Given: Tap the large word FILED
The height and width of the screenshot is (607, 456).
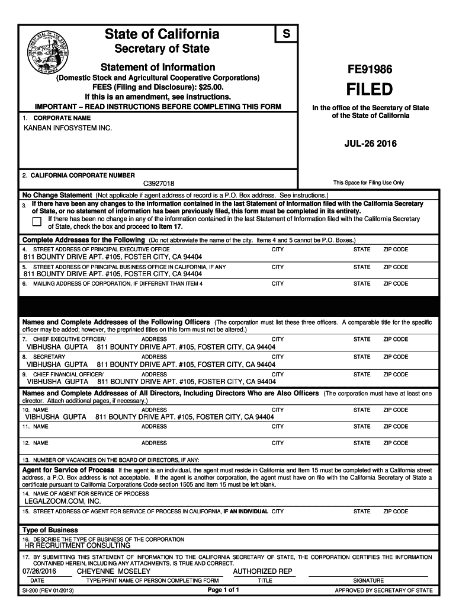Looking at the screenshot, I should (369, 90).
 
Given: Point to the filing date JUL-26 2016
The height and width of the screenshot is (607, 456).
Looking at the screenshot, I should (370, 144).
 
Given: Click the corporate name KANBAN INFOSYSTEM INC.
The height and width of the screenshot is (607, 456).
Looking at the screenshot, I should (68, 128).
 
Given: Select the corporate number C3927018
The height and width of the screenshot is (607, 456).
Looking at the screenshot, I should (158, 184).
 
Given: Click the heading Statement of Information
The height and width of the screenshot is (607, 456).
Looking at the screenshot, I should (158, 67).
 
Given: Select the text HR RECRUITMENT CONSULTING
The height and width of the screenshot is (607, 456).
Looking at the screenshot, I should (77, 545).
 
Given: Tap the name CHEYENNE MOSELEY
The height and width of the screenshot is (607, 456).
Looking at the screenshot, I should (114, 571).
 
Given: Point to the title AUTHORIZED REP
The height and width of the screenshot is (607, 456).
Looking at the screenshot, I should (263, 571).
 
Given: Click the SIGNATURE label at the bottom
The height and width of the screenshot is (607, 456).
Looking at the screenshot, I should (368, 581).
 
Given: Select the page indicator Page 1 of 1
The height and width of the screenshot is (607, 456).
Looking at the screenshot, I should (223, 590).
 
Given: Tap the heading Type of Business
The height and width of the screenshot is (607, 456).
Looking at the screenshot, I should (50, 530).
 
